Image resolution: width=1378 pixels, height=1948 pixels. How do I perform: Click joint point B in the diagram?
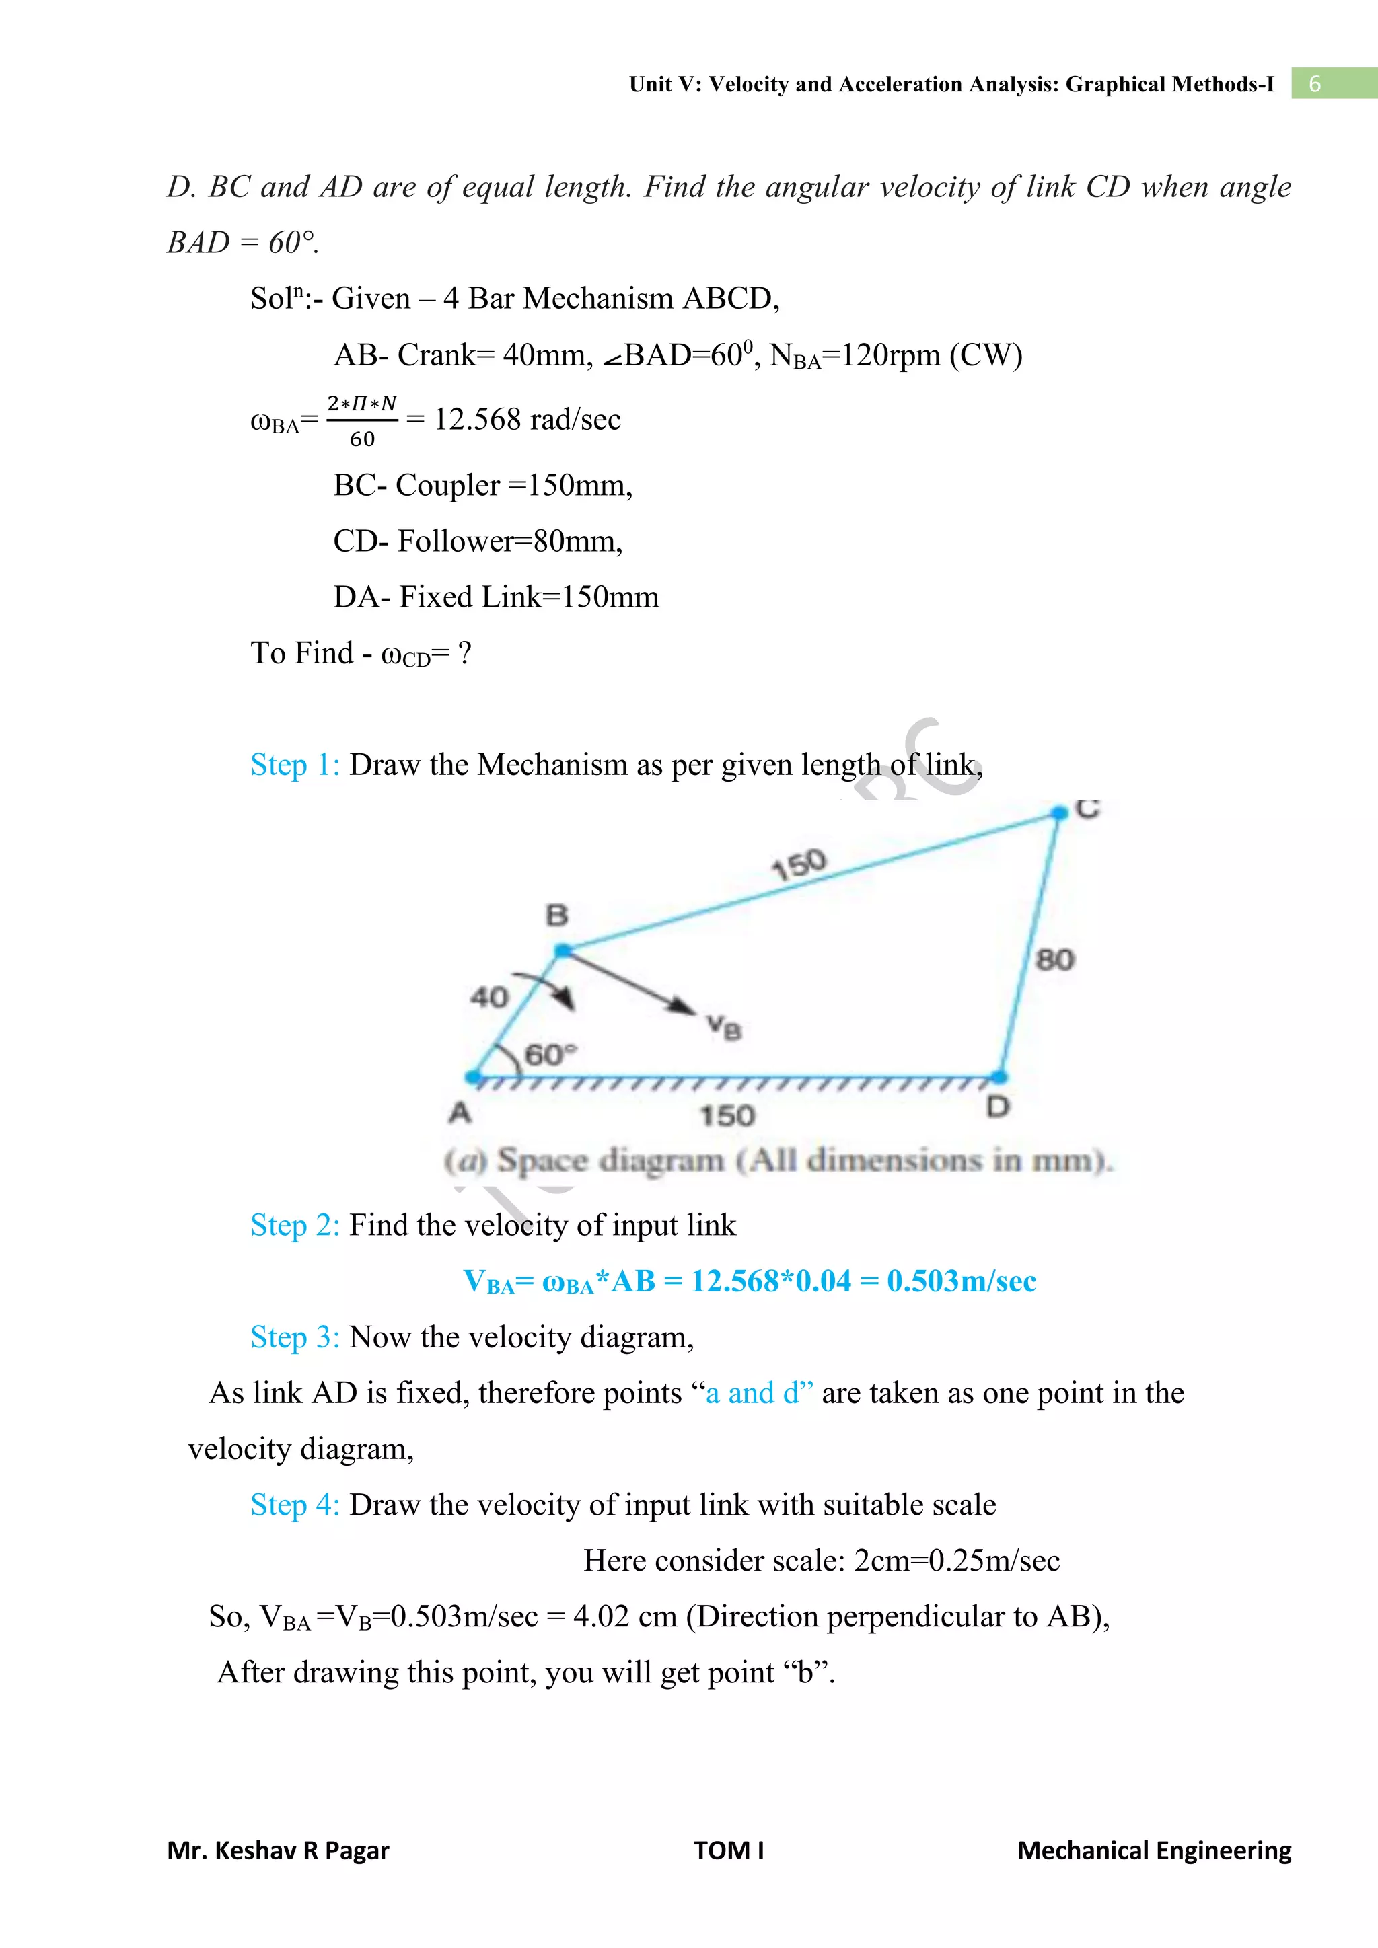click(x=562, y=951)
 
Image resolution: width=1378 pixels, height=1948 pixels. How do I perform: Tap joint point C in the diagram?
click(x=1059, y=813)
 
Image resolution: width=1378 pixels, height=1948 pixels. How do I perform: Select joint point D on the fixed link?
click(x=1000, y=1077)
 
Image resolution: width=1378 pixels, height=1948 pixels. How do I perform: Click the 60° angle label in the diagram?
click(x=550, y=1055)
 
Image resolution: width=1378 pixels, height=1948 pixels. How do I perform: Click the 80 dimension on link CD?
click(x=1055, y=960)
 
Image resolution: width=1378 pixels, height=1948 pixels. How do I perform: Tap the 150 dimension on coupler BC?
click(x=799, y=864)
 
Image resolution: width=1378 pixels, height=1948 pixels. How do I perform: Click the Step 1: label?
click(x=295, y=764)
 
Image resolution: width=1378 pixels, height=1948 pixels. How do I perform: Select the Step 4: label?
click(x=295, y=1504)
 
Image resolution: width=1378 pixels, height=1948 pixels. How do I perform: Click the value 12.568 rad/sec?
click(x=527, y=419)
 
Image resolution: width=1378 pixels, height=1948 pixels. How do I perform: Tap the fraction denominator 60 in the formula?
click(x=362, y=439)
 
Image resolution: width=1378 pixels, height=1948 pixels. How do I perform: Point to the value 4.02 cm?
click(x=624, y=1616)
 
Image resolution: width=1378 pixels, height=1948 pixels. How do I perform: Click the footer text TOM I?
click(x=729, y=1850)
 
